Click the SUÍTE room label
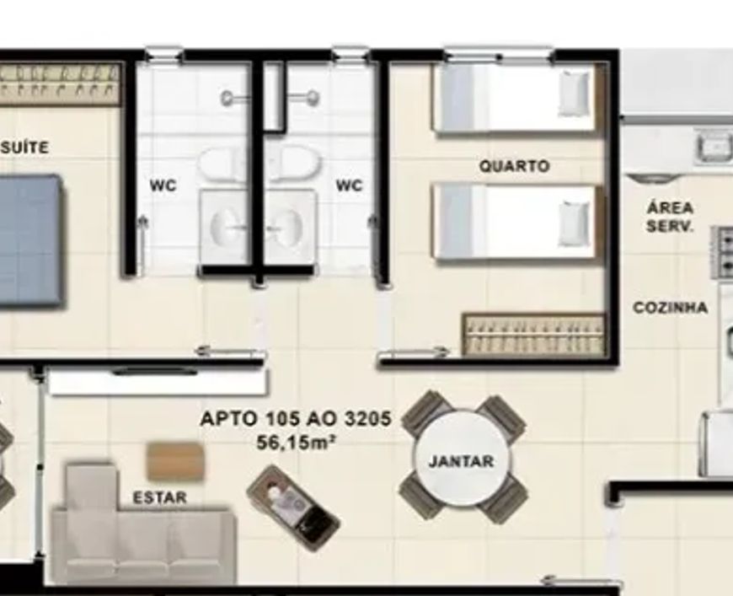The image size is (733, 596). pyautogui.click(x=24, y=148)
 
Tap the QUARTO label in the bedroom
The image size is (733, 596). pyautogui.click(x=514, y=166)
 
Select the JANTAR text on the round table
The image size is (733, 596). pyautogui.click(x=461, y=461)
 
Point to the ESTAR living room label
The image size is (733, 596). pyautogui.click(x=160, y=497)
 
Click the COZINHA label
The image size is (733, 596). pyautogui.click(x=670, y=308)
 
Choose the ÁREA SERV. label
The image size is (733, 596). pyautogui.click(x=670, y=217)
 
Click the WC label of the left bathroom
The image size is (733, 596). pyautogui.click(x=163, y=185)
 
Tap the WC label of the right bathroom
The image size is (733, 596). pyautogui.click(x=349, y=185)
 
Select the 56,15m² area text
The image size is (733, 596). pyautogui.click(x=297, y=442)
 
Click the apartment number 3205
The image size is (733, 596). pyautogui.click(x=367, y=418)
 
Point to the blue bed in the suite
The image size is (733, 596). pyautogui.click(x=30, y=241)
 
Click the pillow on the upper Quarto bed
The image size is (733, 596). pyautogui.click(x=574, y=93)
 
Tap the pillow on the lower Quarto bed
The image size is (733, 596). pyautogui.click(x=574, y=223)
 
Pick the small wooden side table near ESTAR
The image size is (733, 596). pyautogui.click(x=176, y=462)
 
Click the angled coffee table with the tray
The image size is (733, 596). pyautogui.click(x=293, y=508)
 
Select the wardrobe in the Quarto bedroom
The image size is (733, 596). pyautogui.click(x=533, y=334)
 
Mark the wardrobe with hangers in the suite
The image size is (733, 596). pyautogui.click(x=60, y=84)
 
